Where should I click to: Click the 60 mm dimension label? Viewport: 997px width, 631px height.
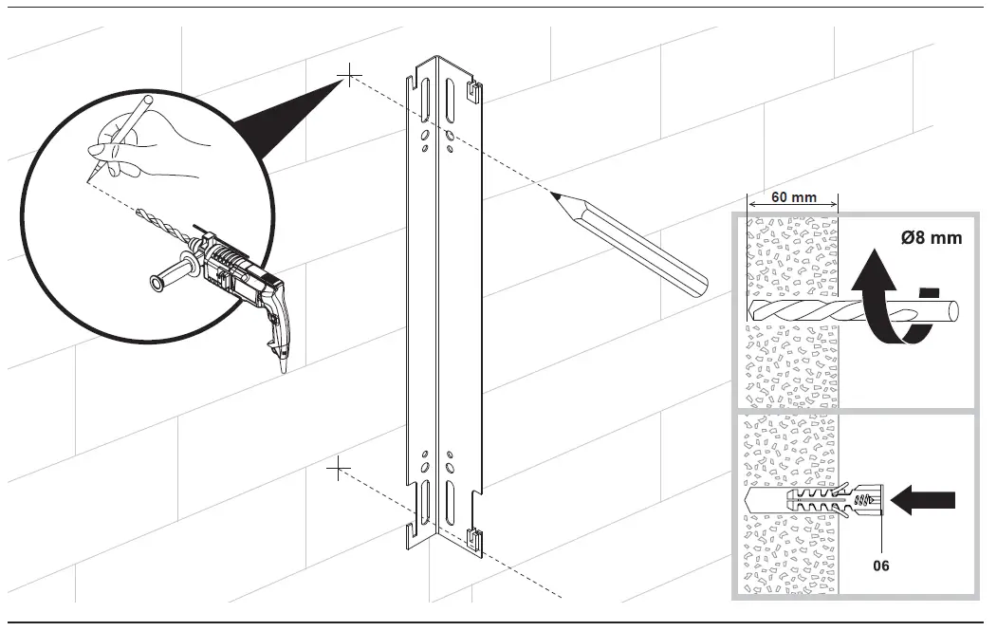click(x=792, y=197)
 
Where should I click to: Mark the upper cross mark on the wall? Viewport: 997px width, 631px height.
click(x=349, y=77)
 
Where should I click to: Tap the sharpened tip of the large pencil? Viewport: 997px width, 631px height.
click(x=554, y=195)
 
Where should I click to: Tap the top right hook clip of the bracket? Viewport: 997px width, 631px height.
click(x=473, y=92)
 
